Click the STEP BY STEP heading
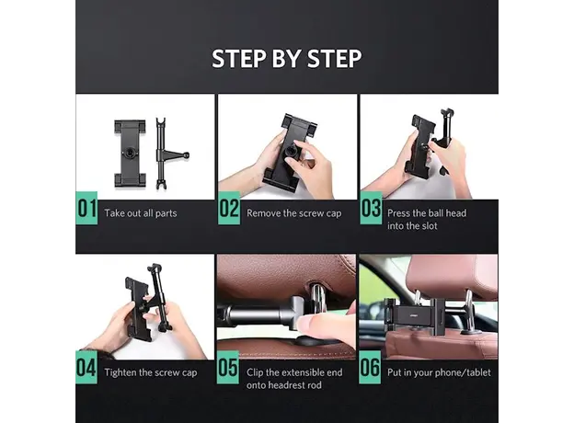point(286,58)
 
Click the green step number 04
point(86,370)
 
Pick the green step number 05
point(229,370)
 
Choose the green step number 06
point(371,370)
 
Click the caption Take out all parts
point(140,212)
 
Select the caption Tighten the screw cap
point(149,372)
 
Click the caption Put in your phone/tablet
point(439,372)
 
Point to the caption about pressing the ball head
point(426,219)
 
